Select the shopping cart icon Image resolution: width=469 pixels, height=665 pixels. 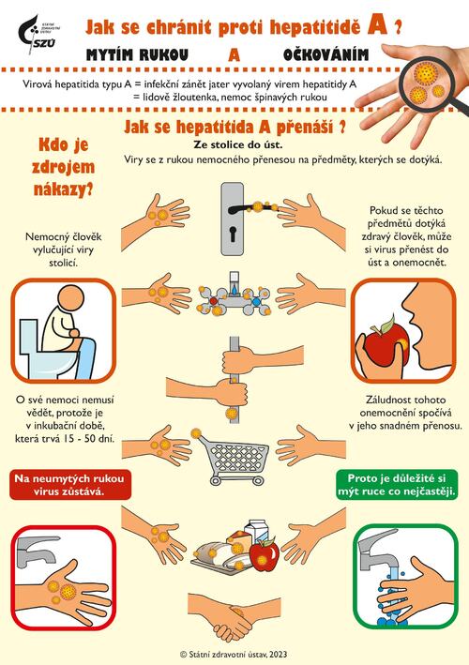234,456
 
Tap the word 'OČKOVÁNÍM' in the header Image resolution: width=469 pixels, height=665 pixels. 325,55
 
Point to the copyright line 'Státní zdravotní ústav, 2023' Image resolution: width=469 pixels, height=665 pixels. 234,653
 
